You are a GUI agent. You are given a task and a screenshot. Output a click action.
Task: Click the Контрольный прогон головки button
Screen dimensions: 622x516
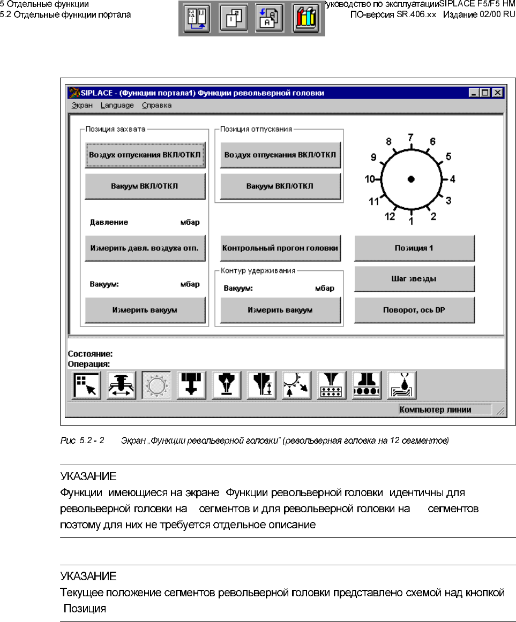tap(280, 248)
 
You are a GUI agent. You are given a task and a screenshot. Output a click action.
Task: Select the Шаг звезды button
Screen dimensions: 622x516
tap(414, 279)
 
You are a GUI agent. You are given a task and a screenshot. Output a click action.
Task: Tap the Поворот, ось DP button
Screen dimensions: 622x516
tap(414, 310)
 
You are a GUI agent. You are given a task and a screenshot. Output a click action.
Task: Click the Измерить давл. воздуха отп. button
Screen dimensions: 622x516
tap(145, 248)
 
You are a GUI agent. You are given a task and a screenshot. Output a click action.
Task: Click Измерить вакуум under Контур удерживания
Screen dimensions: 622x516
tap(280, 310)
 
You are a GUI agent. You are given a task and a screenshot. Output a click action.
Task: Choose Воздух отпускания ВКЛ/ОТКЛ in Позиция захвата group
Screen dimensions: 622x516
tap(145, 155)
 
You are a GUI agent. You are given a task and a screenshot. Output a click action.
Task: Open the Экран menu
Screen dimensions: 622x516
tap(82, 105)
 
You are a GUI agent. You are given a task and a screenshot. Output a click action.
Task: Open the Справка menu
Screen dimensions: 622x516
tap(156, 105)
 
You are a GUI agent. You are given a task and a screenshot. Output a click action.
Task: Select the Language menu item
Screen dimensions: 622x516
tap(117, 105)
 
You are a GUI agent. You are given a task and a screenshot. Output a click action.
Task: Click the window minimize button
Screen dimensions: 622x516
tap(474, 93)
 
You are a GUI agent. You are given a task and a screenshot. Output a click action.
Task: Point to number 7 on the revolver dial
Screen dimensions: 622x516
tap(410, 138)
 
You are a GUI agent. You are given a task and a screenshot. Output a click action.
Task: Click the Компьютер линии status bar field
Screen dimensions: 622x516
tap(444, 410)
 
